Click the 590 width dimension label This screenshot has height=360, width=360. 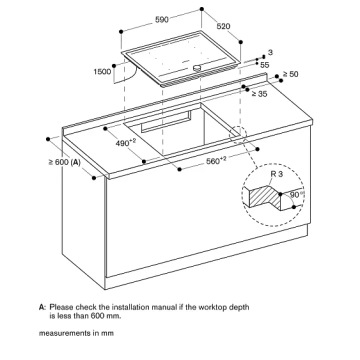(162, 19)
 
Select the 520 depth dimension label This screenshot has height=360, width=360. (223, 26)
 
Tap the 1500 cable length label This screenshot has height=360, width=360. (102, 71)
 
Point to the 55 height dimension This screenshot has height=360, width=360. (264, 65)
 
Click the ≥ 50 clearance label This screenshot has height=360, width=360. (290, 74)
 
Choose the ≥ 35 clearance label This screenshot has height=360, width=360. (259, 93)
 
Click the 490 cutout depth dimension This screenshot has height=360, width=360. (125, 142)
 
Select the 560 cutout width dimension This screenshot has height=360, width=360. (216, 160)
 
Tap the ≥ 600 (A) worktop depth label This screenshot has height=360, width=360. (64, 162)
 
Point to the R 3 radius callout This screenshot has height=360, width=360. (276, 174)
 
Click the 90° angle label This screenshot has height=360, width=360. (296, 194)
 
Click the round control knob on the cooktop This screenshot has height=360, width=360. (197, 67)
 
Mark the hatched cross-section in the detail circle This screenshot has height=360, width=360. (264, 197)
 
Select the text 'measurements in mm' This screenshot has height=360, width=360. (76, 333)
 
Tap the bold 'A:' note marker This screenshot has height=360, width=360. (42, 307)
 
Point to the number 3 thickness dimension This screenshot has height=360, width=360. (270, 52)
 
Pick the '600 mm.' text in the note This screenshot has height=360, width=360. (106, 316)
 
